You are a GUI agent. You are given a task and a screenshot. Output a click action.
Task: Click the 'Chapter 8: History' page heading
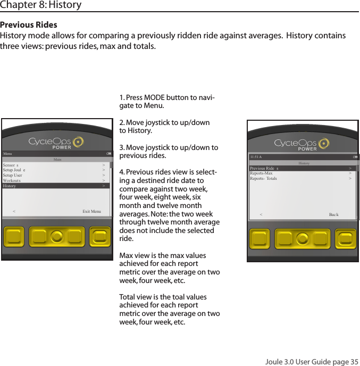tap(41, 5)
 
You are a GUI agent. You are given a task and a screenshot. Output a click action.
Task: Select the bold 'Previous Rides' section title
tap(29, 25)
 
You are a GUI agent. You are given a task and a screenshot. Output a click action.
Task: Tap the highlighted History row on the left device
tap(55, 186)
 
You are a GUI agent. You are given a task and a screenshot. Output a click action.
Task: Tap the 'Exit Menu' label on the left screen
tap(91, 211)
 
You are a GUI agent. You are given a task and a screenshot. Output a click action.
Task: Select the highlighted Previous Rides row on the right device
tap(302, 168)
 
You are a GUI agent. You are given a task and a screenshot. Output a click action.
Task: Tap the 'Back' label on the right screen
tap(333, 215)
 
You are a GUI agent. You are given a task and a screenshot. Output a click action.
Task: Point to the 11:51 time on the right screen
tap(256, 157)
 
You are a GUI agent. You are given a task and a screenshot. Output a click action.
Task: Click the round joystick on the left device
tap(57, 237)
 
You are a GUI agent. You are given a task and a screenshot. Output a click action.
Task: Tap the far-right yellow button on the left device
tap(101, 237)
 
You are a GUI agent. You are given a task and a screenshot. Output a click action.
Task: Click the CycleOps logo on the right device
tap(301, 144)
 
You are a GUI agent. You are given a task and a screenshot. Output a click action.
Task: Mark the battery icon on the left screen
tap(108, 154)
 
